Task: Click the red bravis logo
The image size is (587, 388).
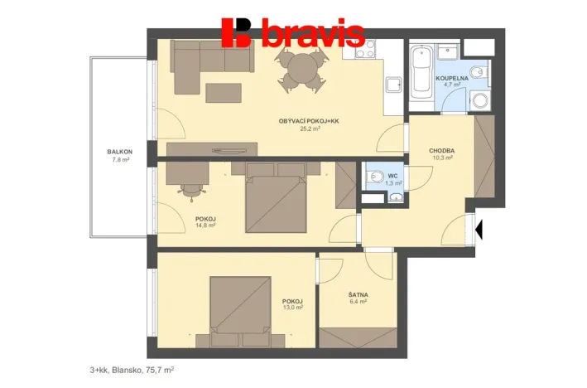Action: point(293,32)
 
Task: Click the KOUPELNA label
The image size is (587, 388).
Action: point(453,77)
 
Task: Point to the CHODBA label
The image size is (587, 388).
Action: point(441,150)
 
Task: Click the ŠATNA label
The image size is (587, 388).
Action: point(358,293)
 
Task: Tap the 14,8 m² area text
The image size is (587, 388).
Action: point(205,225)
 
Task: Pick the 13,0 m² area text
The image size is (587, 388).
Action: point(292,308)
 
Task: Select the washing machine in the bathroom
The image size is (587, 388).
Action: point(479,100)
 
